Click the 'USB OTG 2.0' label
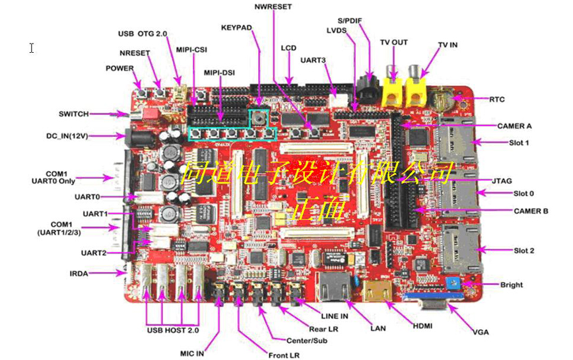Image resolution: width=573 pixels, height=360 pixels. (x=143, y=34)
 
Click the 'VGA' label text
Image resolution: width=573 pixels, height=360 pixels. (x=481, y=331)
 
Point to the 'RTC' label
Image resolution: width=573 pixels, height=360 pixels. (x=497, y=99)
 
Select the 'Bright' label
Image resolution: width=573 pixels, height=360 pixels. (x=512, y=285)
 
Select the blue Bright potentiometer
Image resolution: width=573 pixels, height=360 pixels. (x=454, y=284)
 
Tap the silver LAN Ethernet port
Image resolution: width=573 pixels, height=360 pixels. (x=333, y=288)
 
